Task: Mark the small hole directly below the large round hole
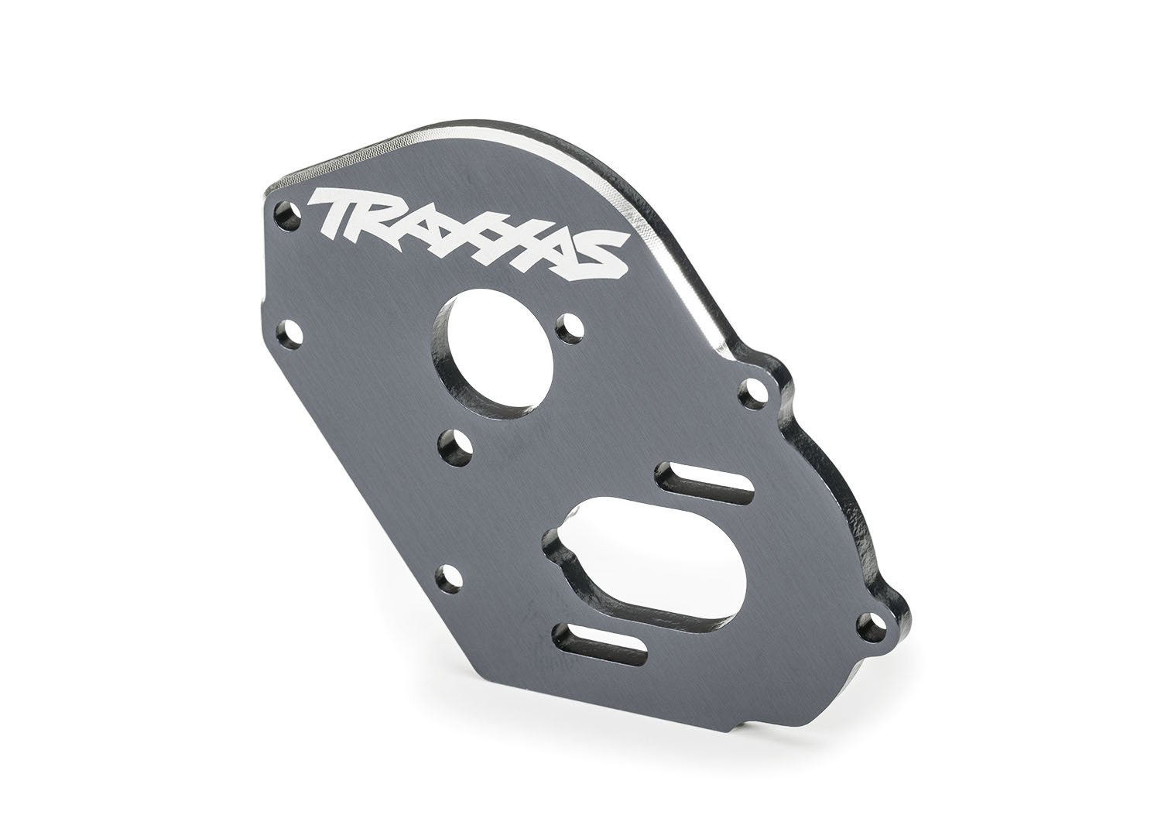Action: pos(451,444)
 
